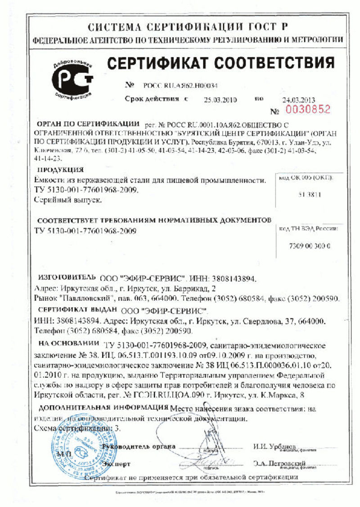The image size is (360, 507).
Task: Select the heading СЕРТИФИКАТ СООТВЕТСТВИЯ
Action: pos(220,63)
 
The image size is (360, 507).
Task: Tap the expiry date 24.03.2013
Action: pos(299,100)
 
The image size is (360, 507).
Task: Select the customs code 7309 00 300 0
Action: pos(309,246)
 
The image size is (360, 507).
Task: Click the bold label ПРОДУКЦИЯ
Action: pos(60,170)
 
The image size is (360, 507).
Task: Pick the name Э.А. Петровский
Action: pos(279,463)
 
